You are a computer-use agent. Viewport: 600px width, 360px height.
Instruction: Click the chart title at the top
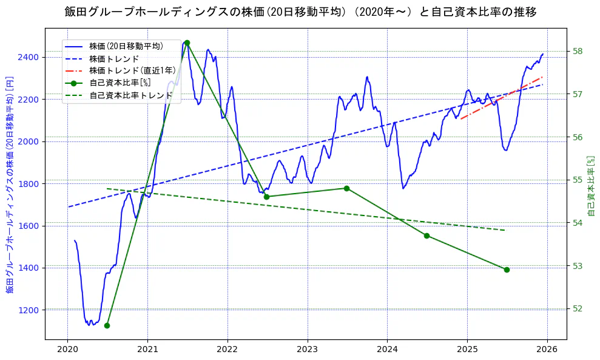300,12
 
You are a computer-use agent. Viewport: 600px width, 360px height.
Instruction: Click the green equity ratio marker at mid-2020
107,325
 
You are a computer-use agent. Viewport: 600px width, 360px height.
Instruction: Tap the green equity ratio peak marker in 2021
187,42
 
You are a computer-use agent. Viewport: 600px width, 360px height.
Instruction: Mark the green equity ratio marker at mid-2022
266,197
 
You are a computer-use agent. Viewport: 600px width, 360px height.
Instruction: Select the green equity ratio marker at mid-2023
346,188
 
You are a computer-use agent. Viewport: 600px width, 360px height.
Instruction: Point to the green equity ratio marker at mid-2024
426,236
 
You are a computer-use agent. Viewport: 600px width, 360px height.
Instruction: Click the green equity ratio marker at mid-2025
507,270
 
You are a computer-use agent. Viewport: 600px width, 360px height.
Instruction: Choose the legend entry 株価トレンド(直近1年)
132,70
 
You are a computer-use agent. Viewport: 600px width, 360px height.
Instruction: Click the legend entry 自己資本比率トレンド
131,95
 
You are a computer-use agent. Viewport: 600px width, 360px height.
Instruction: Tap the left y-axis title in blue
9,185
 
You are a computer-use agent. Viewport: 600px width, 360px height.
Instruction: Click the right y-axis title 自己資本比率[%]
592,185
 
